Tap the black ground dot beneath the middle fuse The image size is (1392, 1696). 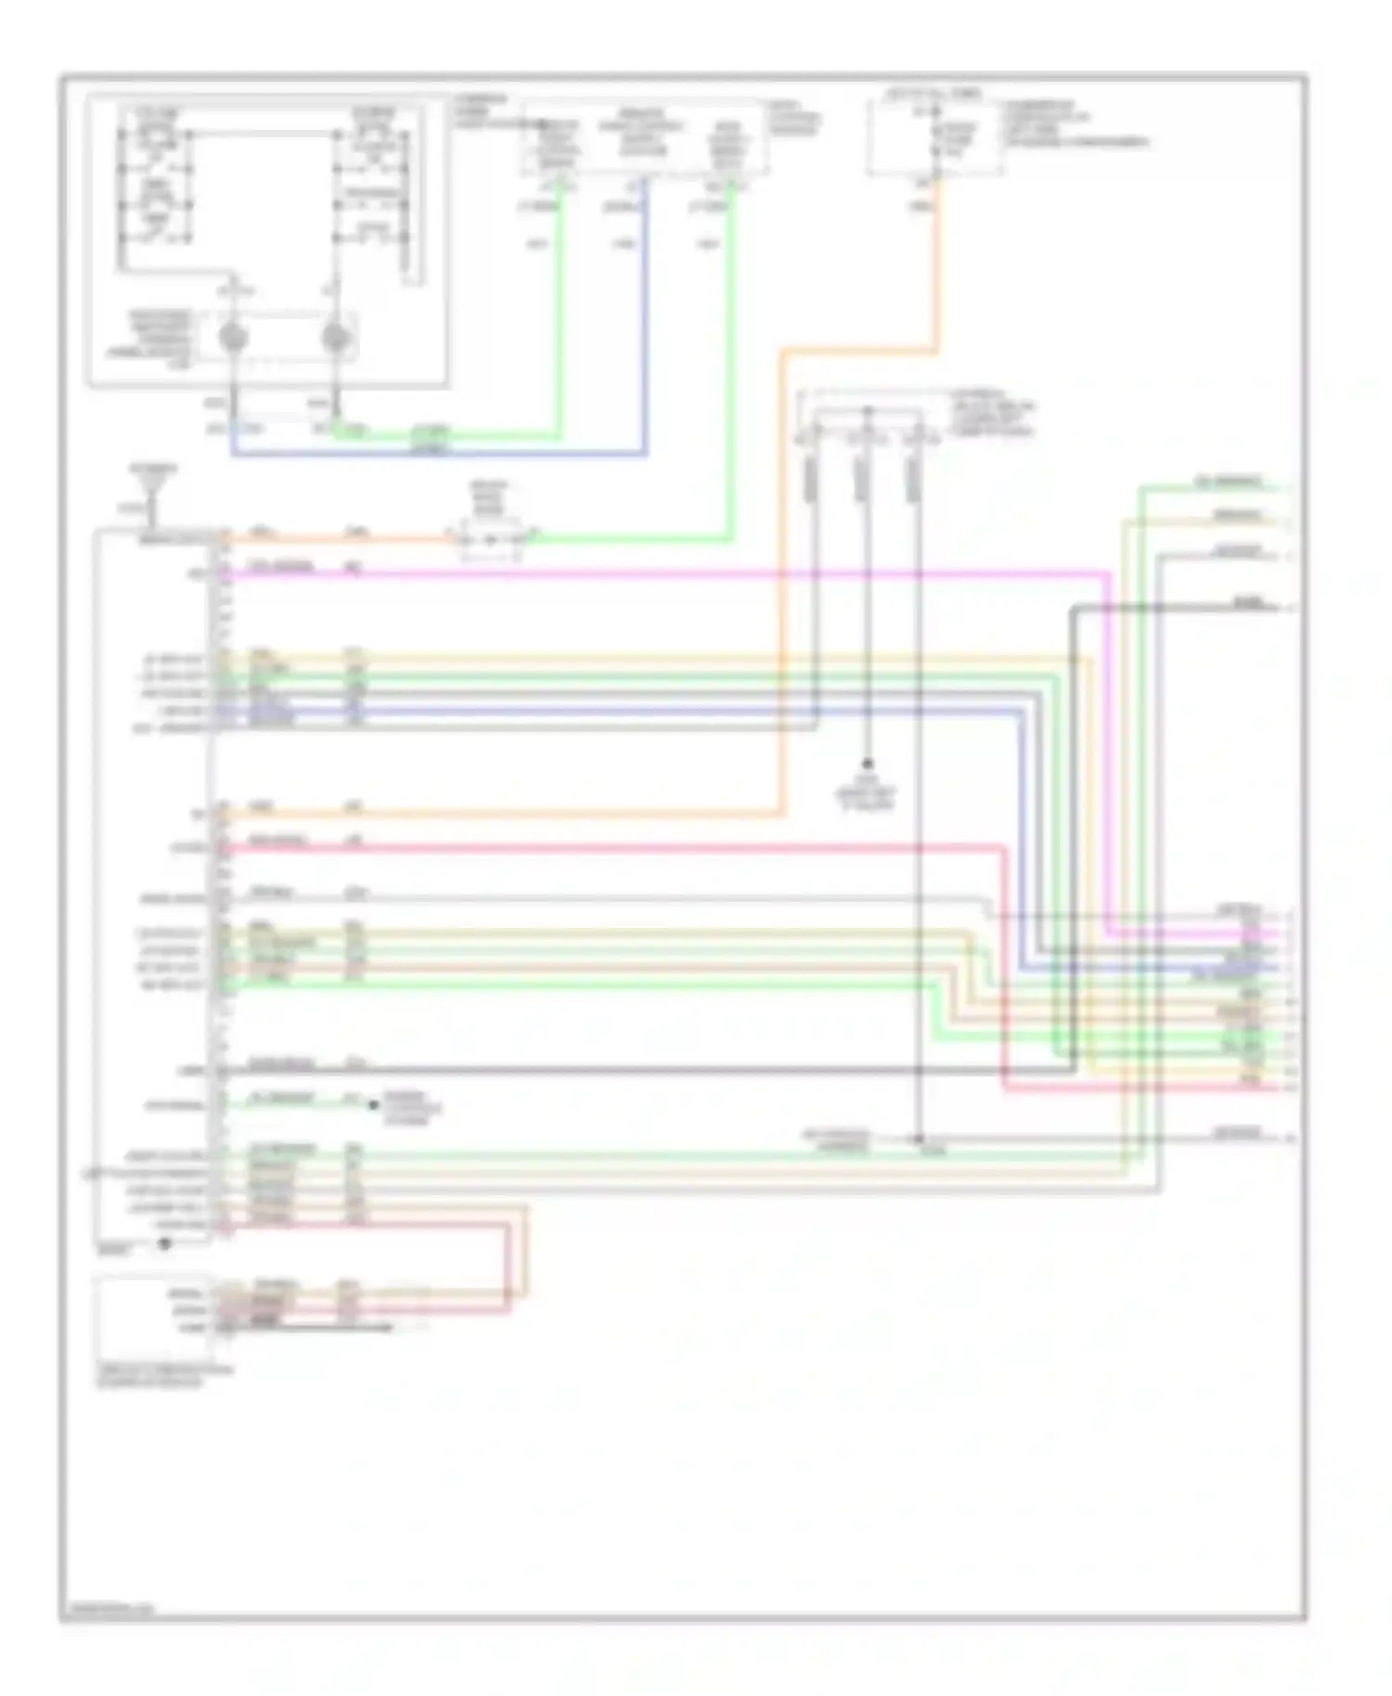[867, 764]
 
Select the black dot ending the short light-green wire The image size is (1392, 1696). [373, 1104]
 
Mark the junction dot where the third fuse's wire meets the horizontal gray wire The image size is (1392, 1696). [918, 1138]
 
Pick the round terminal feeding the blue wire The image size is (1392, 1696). [231, 339]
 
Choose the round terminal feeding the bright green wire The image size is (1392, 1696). [335, 339]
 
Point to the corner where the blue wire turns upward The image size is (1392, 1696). [645, 454]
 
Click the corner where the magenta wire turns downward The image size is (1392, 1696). [1108, 574]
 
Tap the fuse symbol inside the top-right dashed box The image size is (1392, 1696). [935, 139]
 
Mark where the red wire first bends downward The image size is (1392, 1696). [1004, 847]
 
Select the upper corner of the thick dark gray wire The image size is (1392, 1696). [1073, 609]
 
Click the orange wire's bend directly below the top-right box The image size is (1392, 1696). [935, 351]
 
